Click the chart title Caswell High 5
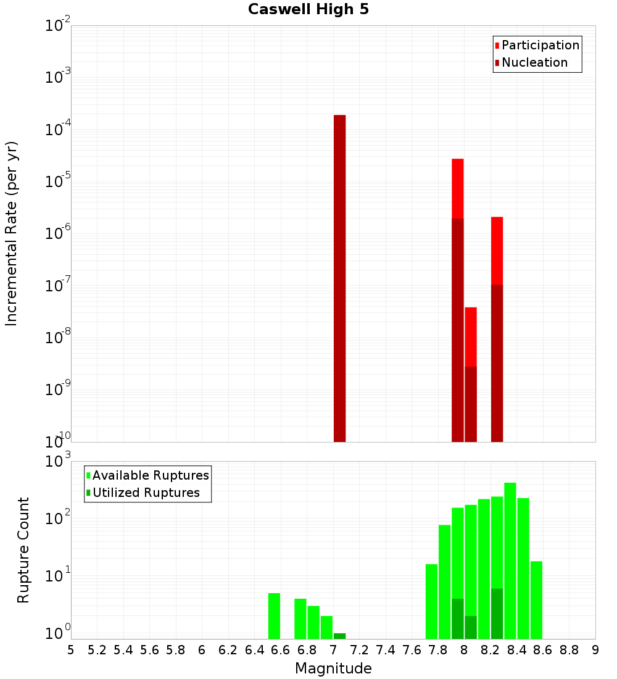pos(308,10)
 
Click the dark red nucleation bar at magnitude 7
pos(339,278)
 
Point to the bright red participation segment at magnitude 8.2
pos(497,250)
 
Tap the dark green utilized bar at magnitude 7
pos(339,636)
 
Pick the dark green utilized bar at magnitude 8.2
pos(497,614)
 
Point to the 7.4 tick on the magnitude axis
pos(386,650)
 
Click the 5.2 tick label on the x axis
pos(97,650)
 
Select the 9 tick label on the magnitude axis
pos(595,650)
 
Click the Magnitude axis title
pos(333,669)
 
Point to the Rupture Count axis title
pos(23,550)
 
